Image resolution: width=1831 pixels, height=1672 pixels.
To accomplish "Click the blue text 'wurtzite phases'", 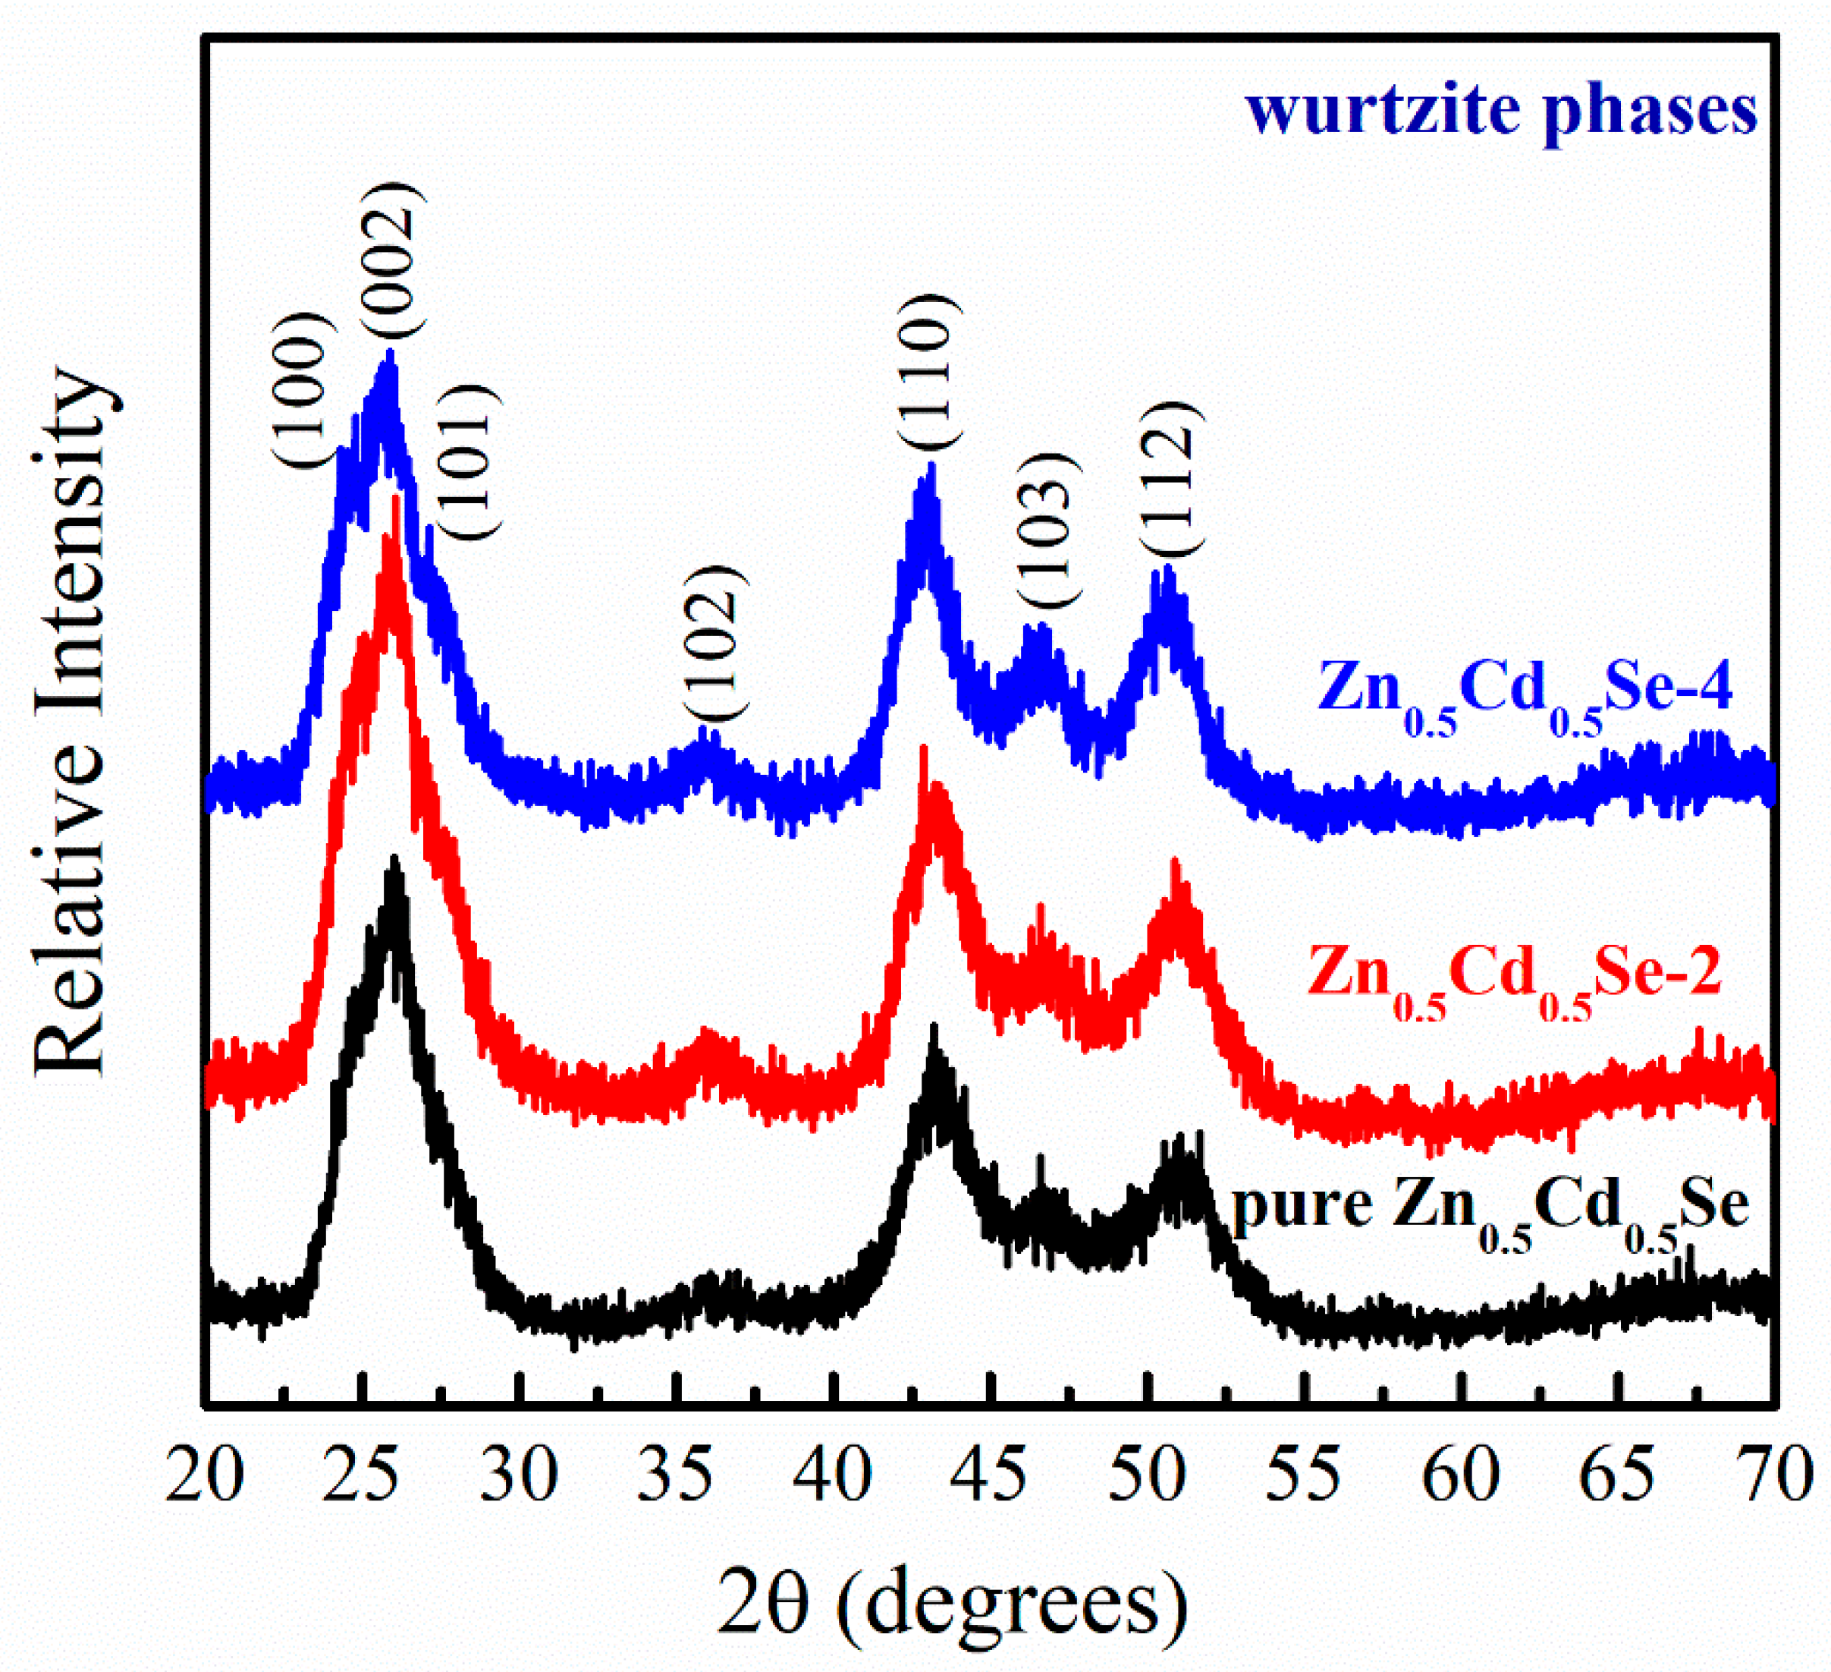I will coord(1500,111).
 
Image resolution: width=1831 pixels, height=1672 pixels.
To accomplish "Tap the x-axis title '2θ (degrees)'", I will coord(952,1604).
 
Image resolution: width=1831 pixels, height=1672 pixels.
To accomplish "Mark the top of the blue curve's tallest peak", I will coord(391,353).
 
